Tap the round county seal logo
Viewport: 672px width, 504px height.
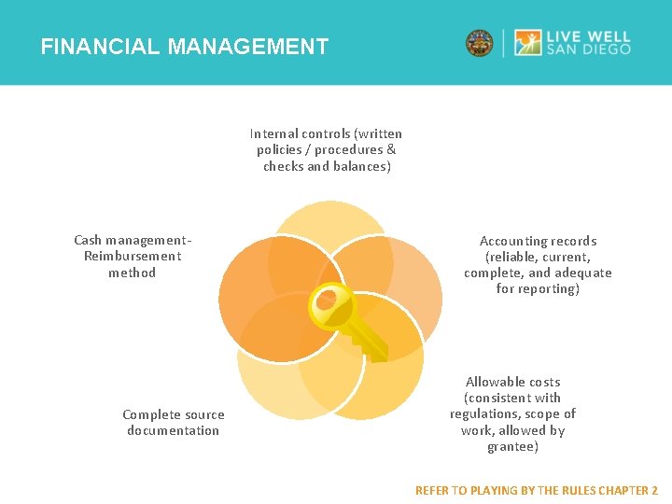(x=480, y=43)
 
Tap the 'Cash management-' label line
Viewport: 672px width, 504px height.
(x=133, y=240)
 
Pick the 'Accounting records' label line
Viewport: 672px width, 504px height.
(x=538, y=241)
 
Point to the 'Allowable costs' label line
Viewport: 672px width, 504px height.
(x=512, y=382)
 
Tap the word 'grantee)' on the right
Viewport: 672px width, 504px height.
(x=512, y=446)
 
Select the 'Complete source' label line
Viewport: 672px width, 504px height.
(x=174, y=414)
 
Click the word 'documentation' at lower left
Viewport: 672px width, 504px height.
(x=174, y=430)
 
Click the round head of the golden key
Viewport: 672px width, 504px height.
(x=327, y=301)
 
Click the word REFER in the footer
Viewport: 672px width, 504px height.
(x=431, y=490)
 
